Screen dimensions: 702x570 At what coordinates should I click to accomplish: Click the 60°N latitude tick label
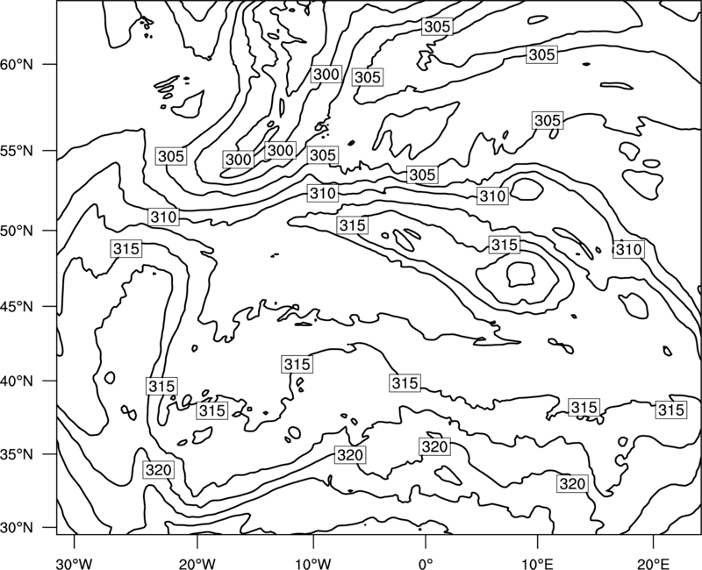point(17,65)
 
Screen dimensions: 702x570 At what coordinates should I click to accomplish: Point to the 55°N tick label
point(17,151)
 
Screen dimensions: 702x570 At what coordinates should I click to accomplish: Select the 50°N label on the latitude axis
point(17,231)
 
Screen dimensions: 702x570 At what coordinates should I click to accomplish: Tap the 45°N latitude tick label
point(17,306)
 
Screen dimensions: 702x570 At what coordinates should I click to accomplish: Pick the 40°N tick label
point(17,381)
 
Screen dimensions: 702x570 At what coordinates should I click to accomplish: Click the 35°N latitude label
point(17,454)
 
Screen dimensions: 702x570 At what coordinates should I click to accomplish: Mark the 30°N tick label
point(17,528)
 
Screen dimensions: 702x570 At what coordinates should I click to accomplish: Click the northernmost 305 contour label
point(437,26)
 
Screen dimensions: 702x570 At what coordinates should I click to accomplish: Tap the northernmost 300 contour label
point(326,74)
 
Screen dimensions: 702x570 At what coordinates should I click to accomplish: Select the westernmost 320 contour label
point(159,470)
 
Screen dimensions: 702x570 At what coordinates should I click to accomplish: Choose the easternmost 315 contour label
point(670,410)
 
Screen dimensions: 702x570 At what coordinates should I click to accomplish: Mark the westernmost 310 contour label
point(163,217)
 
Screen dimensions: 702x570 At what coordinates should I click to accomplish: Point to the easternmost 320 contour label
point(572,484)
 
